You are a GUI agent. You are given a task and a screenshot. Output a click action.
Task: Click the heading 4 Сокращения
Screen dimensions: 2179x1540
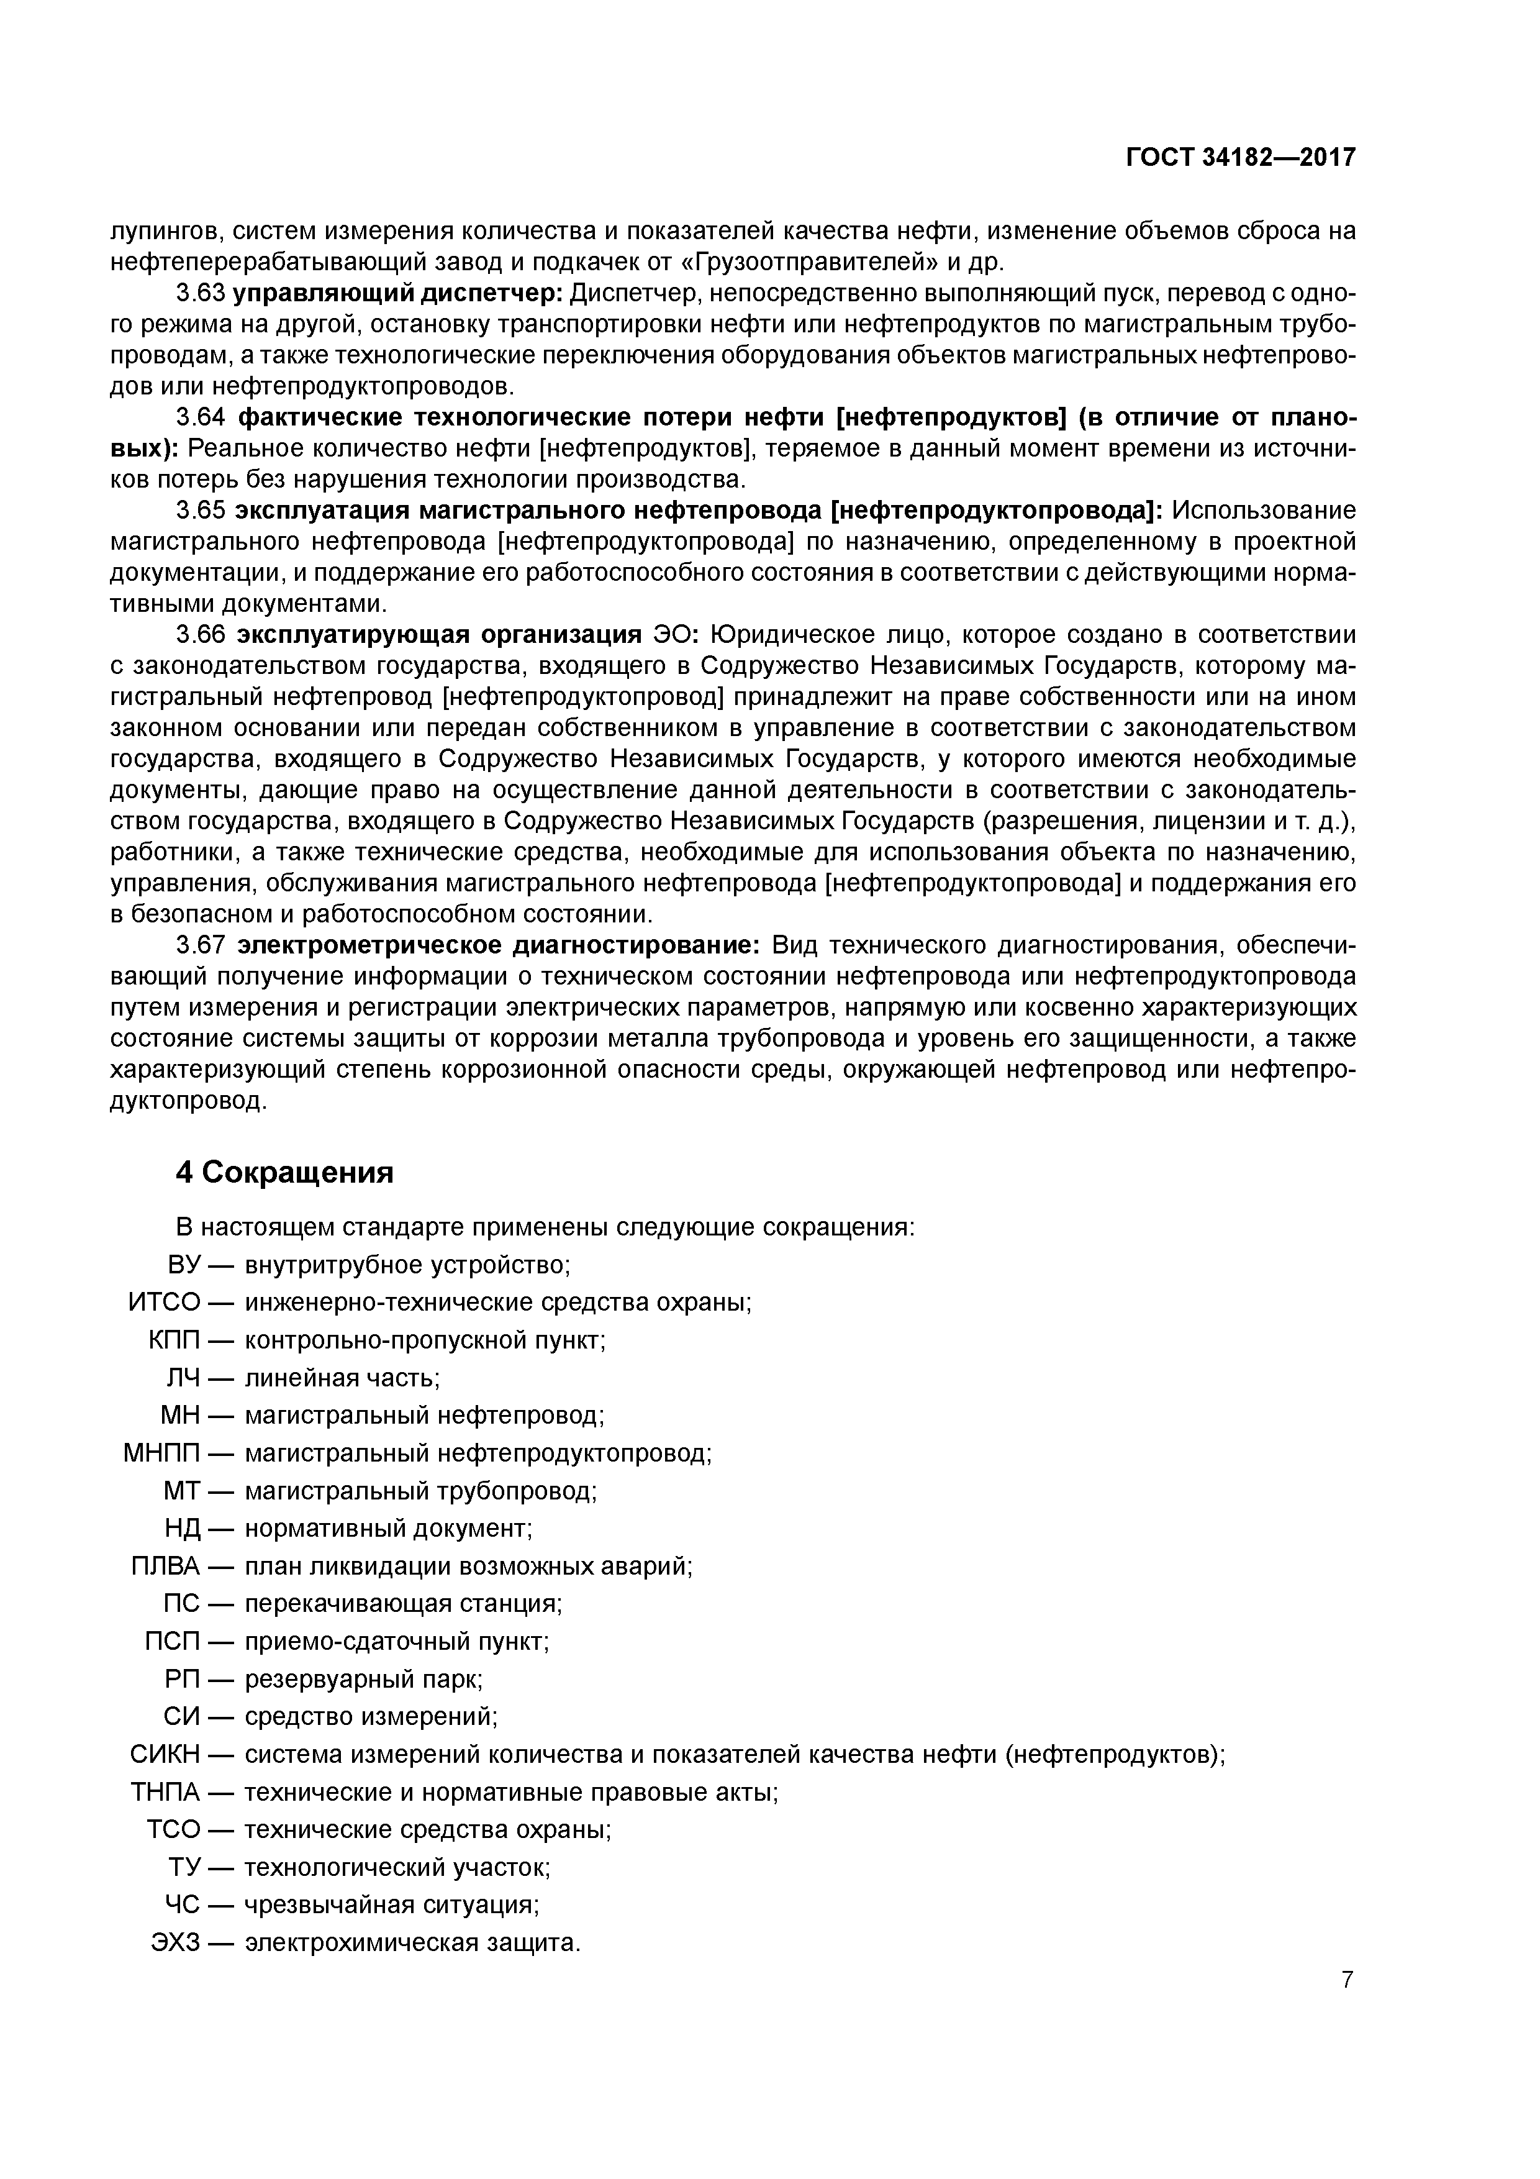click(x=284, y=1173)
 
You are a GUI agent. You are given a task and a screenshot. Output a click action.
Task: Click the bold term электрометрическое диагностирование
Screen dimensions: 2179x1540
click(x=498, y=945)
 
